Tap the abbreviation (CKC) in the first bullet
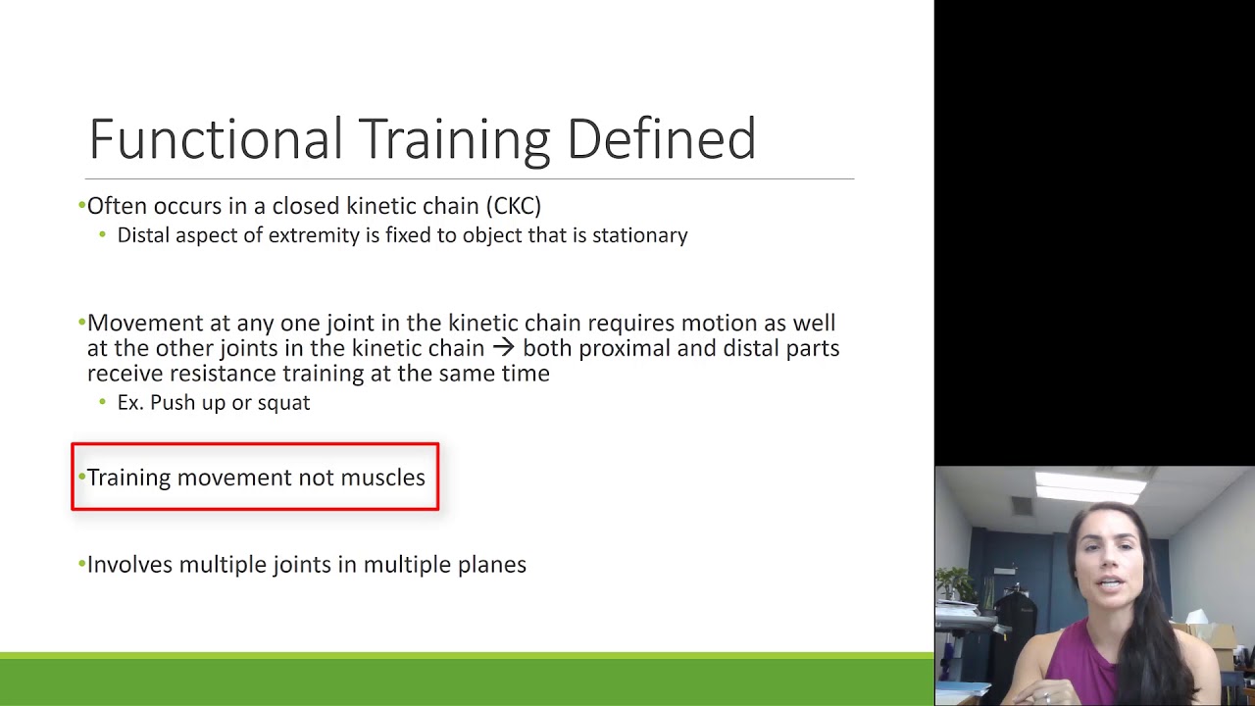point(513,206)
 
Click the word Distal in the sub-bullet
point(141,235)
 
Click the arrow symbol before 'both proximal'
point(503,348)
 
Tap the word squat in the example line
point(283,403)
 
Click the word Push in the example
point(172,403)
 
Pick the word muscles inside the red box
point(382,478)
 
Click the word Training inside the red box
point(128,478)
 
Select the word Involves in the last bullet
point(129,565)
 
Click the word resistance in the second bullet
point(223,374)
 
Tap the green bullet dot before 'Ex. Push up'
point(103,403)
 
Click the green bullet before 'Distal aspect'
point(103,235)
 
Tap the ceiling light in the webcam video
point(1089,484)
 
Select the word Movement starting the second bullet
point(132,324)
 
